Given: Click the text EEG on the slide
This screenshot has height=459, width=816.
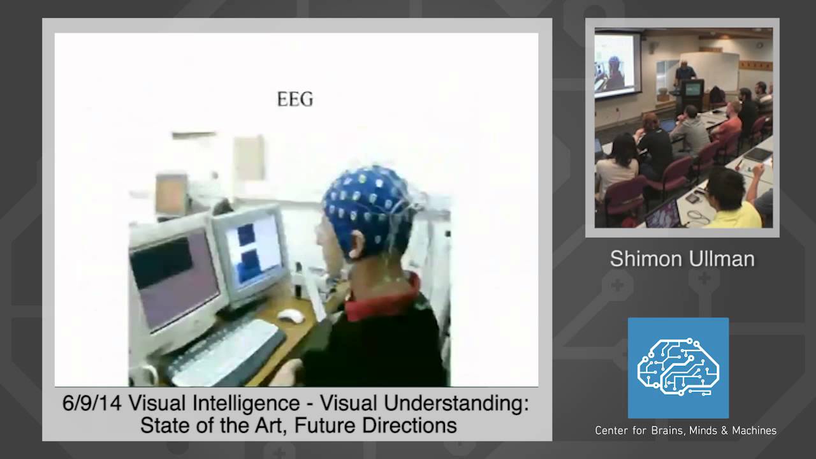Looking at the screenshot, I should tap(295, 99).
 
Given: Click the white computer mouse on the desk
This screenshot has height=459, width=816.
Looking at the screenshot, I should tap(291, 315).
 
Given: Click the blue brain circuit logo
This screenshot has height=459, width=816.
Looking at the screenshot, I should tap(678, 368).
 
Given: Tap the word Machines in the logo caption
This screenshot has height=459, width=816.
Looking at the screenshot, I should tap(752, 431).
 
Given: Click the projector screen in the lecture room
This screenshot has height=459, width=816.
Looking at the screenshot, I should tap(616, 64).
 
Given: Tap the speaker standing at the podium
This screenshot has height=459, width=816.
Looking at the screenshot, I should tap(685, 73).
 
